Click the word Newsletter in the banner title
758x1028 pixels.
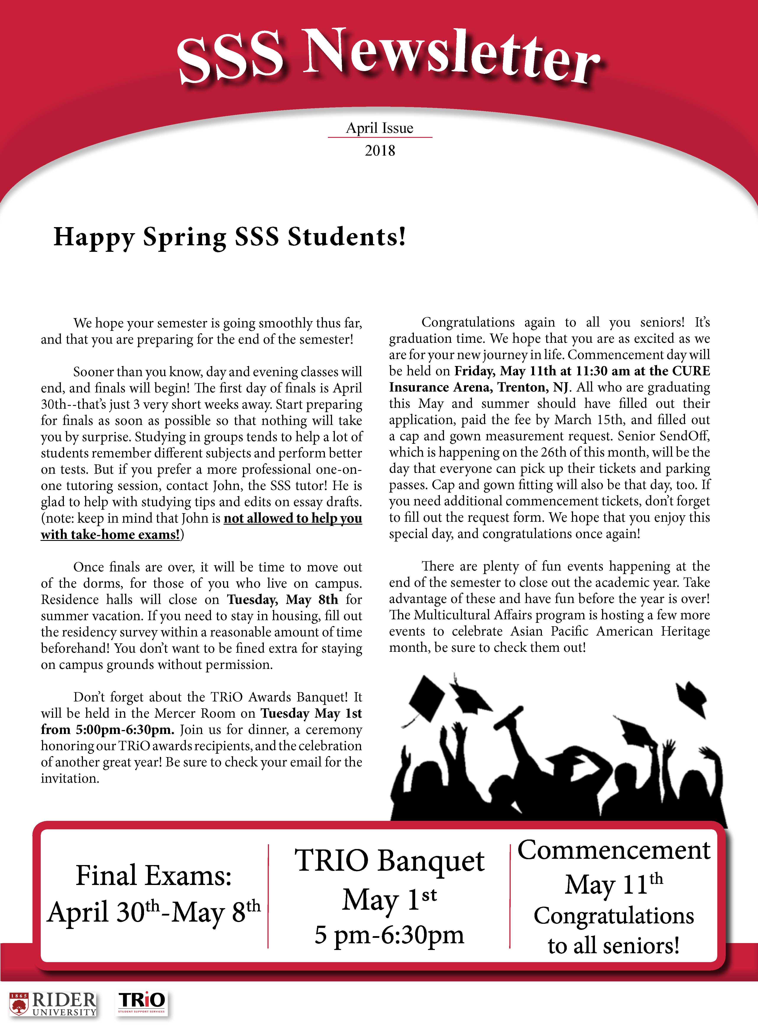click(452, 57)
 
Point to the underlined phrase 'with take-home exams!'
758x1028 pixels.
click(110, 534)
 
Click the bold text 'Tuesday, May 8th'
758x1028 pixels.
click(283, 600)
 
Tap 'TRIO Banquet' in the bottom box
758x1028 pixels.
click(389, 860)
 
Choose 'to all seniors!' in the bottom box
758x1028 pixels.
click(614, 945)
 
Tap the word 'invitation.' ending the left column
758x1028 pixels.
click(70, 778)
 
